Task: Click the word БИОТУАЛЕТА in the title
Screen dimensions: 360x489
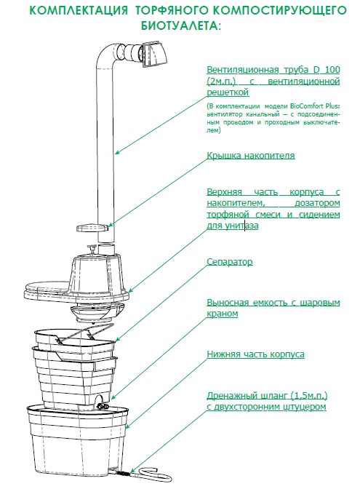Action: pyautogui.click(x=181, y=26)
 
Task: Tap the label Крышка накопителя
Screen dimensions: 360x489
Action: pyautogui.click(x=251, y=155)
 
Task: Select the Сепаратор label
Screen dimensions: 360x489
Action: pyautogui.click(x=230, y=262)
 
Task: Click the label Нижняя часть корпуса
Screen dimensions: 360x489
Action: pyautogui.click(x=255, y=354)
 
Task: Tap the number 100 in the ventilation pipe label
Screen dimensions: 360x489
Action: pyautogui.click(x=332, y=70)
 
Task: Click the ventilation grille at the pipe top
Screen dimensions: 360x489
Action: pyautogui.click(x=155, y=55)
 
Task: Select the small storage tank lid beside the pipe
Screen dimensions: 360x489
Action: pyautogui.click(x=92, y=227)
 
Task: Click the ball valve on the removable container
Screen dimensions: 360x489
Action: pyautogui.click(x=102, y=406)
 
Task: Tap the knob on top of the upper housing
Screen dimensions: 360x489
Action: pyautogui.click(x=92, y=249)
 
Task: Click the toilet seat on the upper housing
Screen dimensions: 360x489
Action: pyautogui.click(x=47, y=287)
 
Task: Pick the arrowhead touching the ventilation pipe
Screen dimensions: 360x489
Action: pyautogui.click(x=117, y=152)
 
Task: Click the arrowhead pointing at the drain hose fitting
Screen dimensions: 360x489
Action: pyautogui.click(x=132, y=472)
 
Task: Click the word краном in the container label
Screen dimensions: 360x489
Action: pyautogui.click(x=223, y=314)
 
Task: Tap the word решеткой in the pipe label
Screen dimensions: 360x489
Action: pyautogui.click(x=228, y=92)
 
